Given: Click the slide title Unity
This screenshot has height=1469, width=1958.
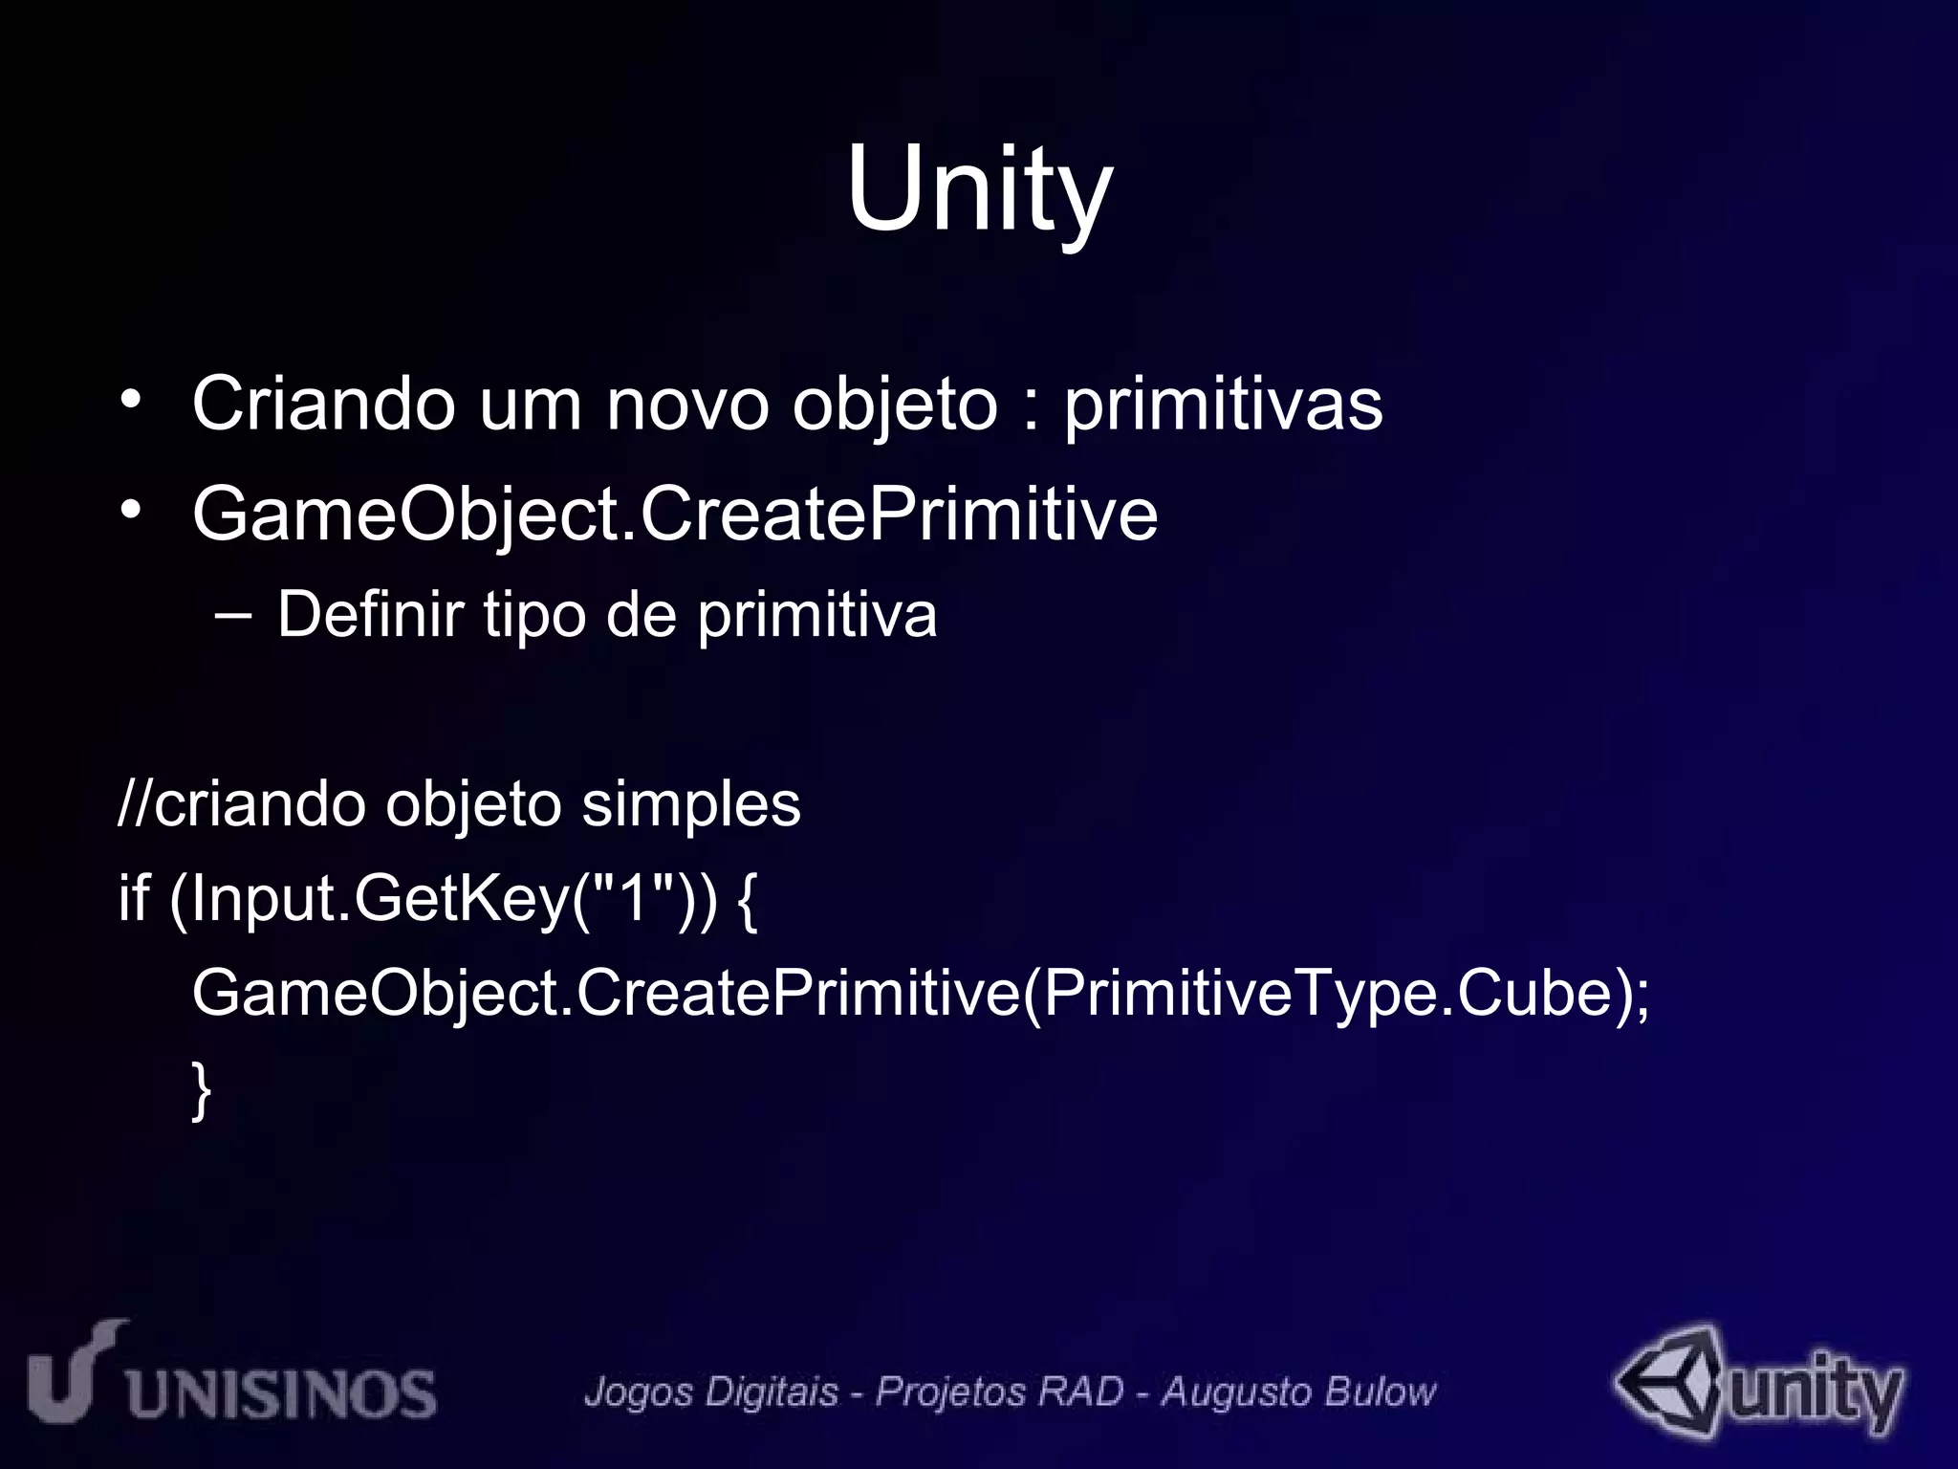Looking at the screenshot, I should [x=979, y=189].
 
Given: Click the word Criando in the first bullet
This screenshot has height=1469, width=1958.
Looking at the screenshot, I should [x=323, y=405].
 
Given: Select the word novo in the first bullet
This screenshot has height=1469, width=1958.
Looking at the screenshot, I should [x=687, y=405].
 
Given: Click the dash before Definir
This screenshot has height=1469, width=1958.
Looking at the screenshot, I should [x=234, y=615].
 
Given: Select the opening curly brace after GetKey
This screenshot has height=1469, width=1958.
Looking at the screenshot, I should [x=749, y=899].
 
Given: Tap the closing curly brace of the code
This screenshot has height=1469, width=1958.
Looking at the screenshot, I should [x=201, y=1089].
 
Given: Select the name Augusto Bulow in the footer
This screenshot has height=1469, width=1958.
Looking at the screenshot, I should [x=1298, y=1392].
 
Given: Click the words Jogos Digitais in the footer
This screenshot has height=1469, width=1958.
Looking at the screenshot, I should [x=711, y=1392].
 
